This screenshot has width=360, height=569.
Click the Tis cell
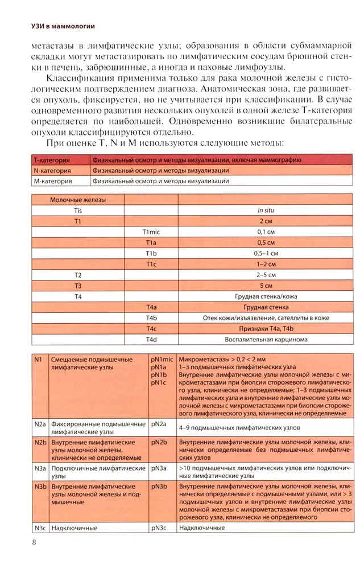78,210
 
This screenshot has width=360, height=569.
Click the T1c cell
151,264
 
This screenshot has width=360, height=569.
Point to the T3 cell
78,286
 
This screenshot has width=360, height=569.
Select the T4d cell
151,340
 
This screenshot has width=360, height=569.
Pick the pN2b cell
159,442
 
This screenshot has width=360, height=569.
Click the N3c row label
39,528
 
